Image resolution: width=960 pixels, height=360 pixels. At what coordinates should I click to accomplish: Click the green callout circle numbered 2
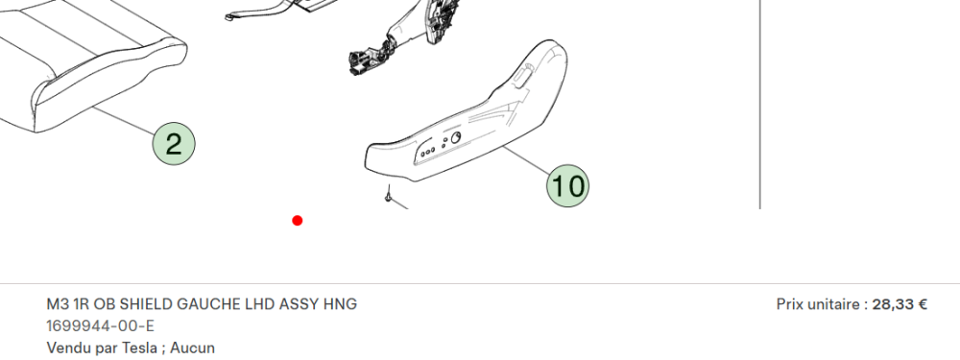174,144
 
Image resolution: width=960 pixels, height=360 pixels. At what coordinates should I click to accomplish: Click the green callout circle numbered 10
567,185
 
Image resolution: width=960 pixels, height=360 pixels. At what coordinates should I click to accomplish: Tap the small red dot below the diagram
298,221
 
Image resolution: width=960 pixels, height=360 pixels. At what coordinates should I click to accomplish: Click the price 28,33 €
900,304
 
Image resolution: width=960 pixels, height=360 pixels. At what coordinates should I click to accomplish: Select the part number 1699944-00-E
101,325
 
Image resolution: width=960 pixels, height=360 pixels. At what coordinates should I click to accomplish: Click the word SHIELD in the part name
144,304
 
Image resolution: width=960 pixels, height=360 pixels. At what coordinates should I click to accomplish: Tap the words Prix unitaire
818,304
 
